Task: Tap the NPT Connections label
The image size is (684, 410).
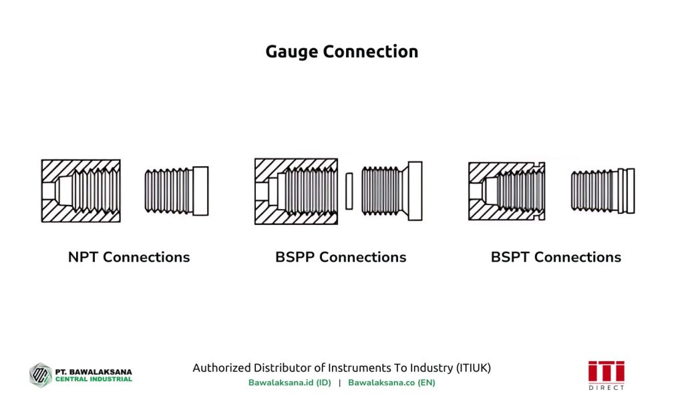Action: click(129, 257)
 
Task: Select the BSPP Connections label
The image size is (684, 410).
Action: click(341, 257)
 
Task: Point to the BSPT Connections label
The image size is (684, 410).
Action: click(556, 257)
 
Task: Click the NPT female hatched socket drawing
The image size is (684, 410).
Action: click(81, 191)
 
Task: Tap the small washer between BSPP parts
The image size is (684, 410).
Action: click(349, 191)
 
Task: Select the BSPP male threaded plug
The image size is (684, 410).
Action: click(391, 191)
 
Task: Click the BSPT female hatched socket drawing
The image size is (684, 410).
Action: click(507, 191)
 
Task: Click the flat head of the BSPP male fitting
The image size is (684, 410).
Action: click(415, 191)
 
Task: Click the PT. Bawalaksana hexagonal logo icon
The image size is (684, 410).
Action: click(40, 375)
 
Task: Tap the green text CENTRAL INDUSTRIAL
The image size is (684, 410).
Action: click(94, 379)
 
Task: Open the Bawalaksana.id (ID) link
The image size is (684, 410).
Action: click(289, 383)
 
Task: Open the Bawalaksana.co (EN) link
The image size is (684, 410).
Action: click(391, 383)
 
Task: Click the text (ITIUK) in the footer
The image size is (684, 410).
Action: click(474, 368)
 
